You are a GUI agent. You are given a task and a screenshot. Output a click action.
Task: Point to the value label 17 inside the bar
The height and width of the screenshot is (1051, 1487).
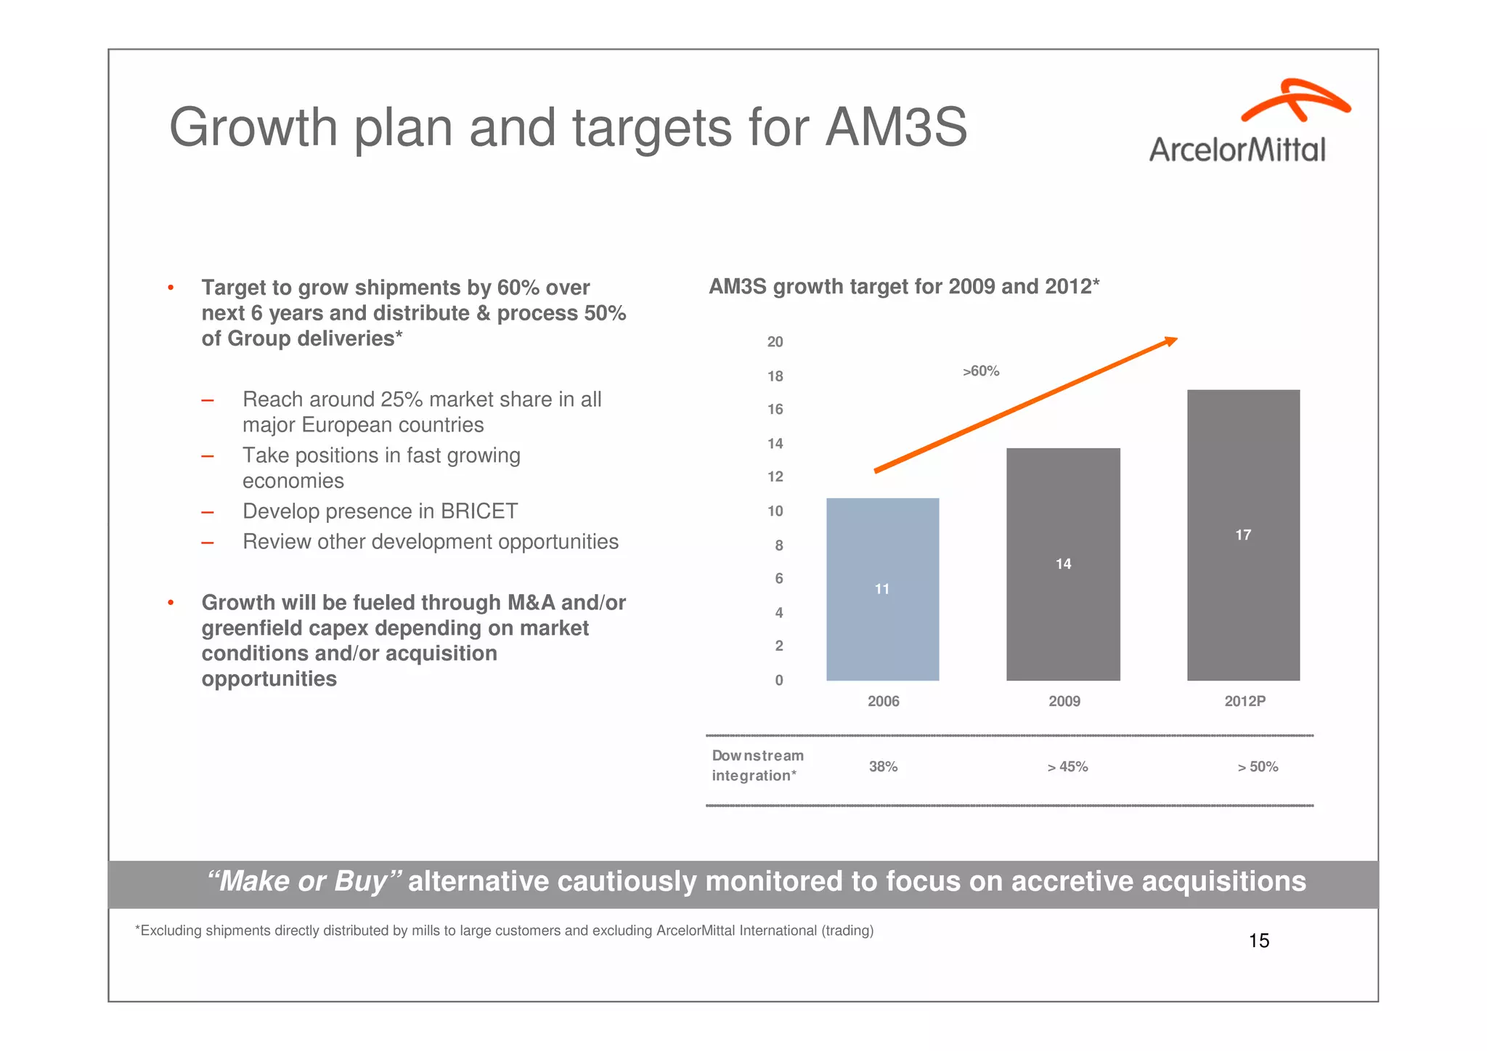click(1243, 535)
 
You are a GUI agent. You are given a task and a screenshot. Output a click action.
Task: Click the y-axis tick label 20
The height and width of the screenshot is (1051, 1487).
click(775, 342)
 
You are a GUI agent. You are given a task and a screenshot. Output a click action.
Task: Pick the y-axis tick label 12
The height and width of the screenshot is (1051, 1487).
click(775, 477)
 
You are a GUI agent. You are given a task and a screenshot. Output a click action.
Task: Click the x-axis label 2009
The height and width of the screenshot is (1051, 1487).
click(1064, 702)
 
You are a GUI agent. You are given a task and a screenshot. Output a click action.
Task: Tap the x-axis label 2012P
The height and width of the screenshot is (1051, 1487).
click(1244, 702)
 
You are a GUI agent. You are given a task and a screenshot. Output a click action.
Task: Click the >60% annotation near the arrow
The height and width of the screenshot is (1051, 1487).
click(981, 371)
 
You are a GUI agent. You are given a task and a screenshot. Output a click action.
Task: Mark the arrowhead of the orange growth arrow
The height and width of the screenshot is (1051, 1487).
click(1170, 341)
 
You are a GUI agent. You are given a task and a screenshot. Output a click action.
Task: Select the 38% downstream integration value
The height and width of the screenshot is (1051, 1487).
click(883, 767)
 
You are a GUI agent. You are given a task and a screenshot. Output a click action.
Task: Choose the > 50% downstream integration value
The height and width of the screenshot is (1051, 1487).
click(1258, 767)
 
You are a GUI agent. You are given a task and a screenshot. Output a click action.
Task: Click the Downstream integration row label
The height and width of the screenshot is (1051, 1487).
click(757, 766)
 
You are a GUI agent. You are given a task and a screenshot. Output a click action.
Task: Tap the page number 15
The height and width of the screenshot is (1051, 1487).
click(1258, 941)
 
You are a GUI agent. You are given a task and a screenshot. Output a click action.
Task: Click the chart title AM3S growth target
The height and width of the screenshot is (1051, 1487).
click(903, 287)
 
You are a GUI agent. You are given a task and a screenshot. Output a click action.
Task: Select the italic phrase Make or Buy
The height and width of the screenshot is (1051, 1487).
click(303, 882)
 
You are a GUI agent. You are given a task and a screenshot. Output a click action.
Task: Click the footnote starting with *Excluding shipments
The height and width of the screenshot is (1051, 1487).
click(504, 931)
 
